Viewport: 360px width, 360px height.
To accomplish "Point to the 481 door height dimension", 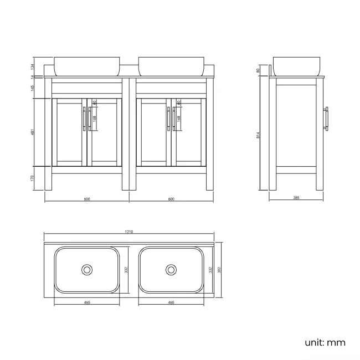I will (33, 132).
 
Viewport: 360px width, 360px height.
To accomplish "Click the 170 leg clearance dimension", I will (33, 178).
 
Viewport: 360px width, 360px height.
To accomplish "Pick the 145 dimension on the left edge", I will (33, 88).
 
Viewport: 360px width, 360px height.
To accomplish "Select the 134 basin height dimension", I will (33, 66).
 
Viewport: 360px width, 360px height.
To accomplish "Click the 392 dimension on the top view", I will (220, 270).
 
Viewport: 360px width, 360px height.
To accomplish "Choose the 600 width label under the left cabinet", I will (87, 199).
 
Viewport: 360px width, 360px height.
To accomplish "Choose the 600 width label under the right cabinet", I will (171, 199).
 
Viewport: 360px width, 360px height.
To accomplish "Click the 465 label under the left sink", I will (87, 303).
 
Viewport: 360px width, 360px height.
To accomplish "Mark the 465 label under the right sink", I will (171, 303).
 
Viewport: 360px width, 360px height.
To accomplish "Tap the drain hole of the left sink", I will (87, 270).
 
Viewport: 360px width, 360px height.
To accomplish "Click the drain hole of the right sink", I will (171, 270).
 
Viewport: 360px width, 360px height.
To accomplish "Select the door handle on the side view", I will (328, 119).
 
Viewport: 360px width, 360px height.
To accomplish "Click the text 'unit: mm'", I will (325, 342).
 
